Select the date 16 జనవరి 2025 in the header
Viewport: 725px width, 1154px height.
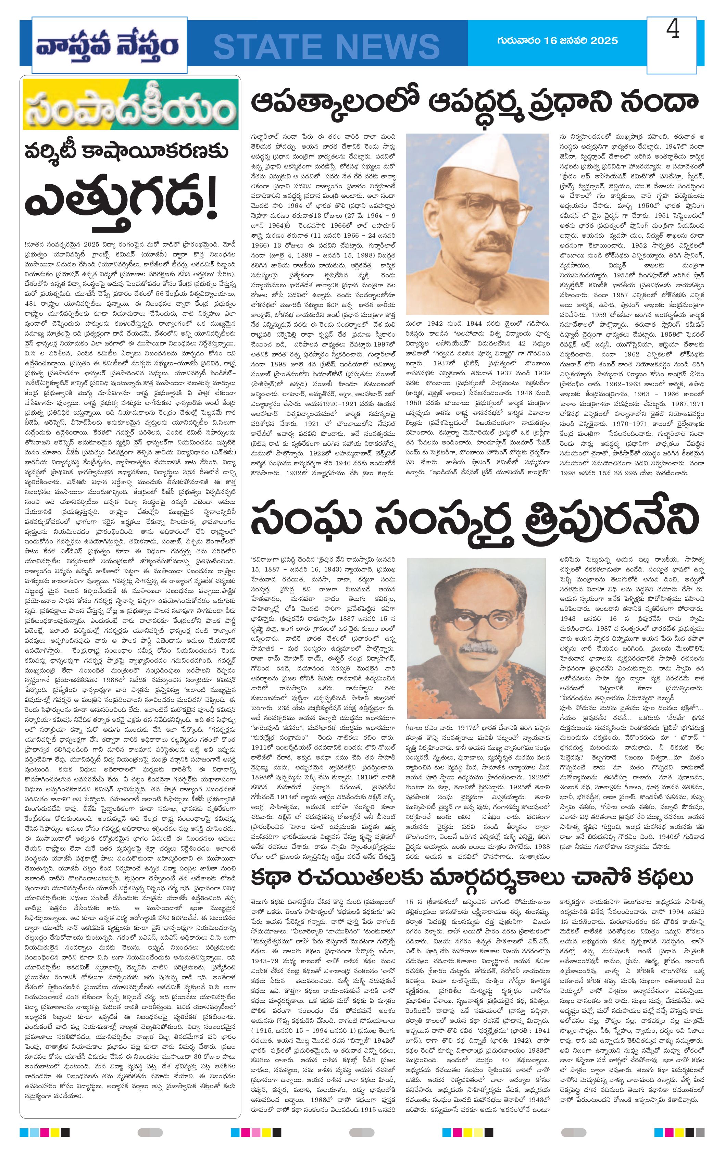(581, 41)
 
